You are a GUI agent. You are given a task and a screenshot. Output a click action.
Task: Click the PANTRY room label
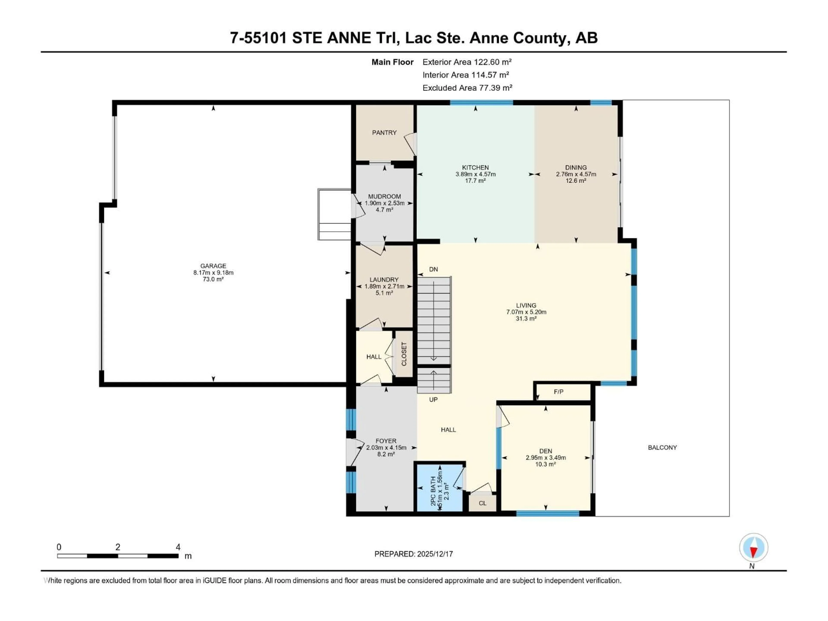pos(384,133)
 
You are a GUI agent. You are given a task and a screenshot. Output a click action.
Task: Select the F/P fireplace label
pos(558,392)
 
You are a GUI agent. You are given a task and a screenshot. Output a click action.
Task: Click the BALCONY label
pos(662,447)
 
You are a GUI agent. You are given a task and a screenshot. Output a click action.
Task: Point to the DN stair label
pos(433,269)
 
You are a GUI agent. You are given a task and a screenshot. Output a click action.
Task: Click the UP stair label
pos(433,399)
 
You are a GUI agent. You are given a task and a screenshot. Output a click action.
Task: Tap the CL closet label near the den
pos(483,503)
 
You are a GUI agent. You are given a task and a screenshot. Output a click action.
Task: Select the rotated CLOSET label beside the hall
pos(404,354)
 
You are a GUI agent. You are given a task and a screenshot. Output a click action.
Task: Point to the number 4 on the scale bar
pos(178,547)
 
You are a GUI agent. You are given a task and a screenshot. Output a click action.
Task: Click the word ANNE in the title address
pos(349,38)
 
